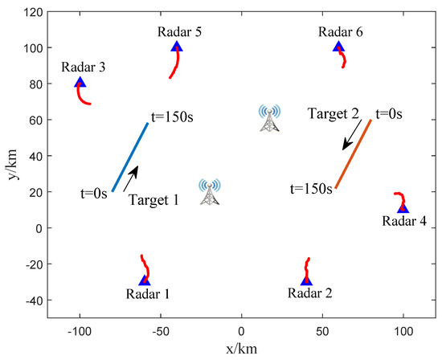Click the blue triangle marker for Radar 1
point(145,280)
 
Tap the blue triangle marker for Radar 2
point(306,280)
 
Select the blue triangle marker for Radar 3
point(80,83)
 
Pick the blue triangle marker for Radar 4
point(403,208)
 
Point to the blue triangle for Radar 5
point(177,47)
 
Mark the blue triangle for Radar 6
point(338,47)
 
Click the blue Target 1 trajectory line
point(130,157)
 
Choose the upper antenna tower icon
point(269,118)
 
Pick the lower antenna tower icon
point(210,192)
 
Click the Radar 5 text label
point(176,31)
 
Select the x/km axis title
point(241,350)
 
